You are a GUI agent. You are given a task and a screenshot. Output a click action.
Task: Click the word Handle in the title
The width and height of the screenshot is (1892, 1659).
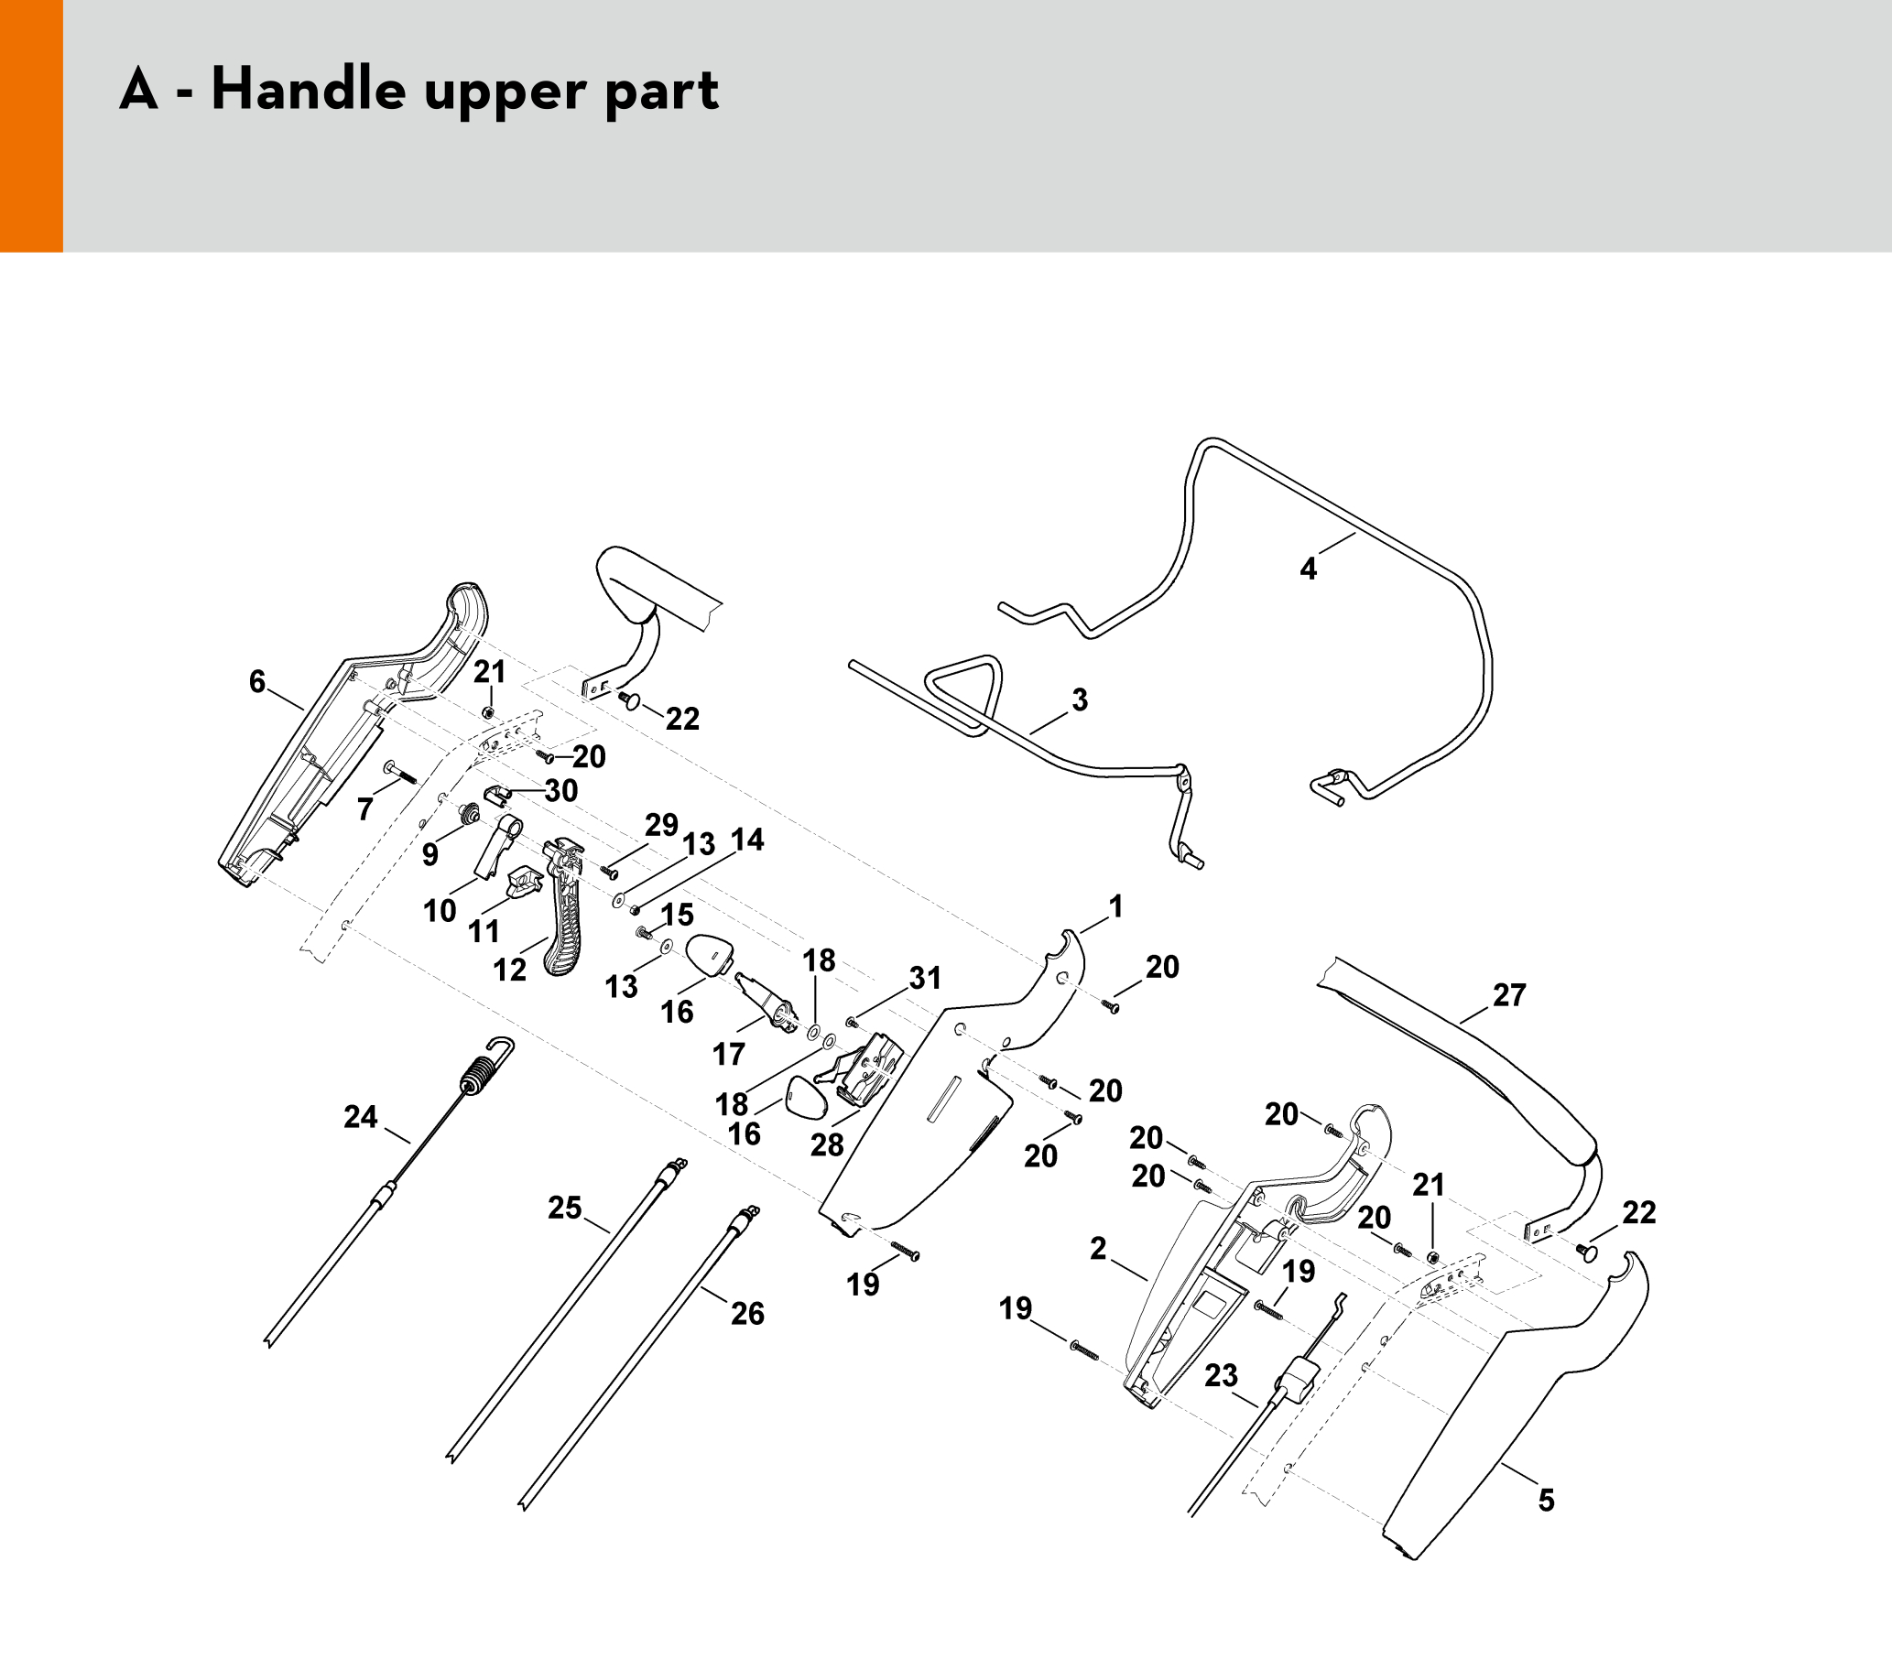[x=309, y=90]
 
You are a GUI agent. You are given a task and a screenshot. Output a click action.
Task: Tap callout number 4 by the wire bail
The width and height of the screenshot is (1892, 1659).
[x=1308, y=569]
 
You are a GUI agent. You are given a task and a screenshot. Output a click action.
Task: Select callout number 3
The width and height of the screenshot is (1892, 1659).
[x=1080, y=700]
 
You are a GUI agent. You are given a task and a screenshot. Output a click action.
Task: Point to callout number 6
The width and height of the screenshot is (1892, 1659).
[x=257, y=682]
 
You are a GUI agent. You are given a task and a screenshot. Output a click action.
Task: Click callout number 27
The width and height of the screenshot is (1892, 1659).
[x=1509, y=994]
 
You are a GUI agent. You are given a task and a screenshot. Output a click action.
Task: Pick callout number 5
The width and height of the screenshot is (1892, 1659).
[x=1546, y=1500]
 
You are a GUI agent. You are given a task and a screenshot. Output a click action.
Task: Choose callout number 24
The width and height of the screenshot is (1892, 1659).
[x=360, y=1117]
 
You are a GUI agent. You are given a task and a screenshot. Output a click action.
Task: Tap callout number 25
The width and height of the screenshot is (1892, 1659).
[x=565, y=1208]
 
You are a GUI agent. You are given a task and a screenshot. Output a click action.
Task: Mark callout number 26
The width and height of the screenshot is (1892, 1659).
[x=747, y=1313]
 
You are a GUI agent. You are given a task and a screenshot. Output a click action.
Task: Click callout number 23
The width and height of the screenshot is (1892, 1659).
[x=1221, y=1375]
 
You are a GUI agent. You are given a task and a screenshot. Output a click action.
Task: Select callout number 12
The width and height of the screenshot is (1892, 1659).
[x=509, y=969]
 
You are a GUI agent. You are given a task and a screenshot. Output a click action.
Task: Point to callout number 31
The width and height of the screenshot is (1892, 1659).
[x=925, y=977]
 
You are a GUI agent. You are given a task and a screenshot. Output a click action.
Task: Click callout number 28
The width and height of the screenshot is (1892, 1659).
[x=827, y=1144]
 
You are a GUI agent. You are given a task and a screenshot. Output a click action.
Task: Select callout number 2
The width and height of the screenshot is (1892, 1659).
[x=1098, y=1248]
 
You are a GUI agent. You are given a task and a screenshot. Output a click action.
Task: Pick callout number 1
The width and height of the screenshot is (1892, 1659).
[x=1115, y=905]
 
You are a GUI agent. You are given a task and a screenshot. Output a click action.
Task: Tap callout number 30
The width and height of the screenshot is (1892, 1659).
[x=561, y=790]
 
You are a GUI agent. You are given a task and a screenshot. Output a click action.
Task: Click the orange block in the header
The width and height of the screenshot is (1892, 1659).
[x=30, y=125]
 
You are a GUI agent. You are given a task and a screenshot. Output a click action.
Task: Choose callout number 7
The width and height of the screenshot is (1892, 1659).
[x=364, y=809]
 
